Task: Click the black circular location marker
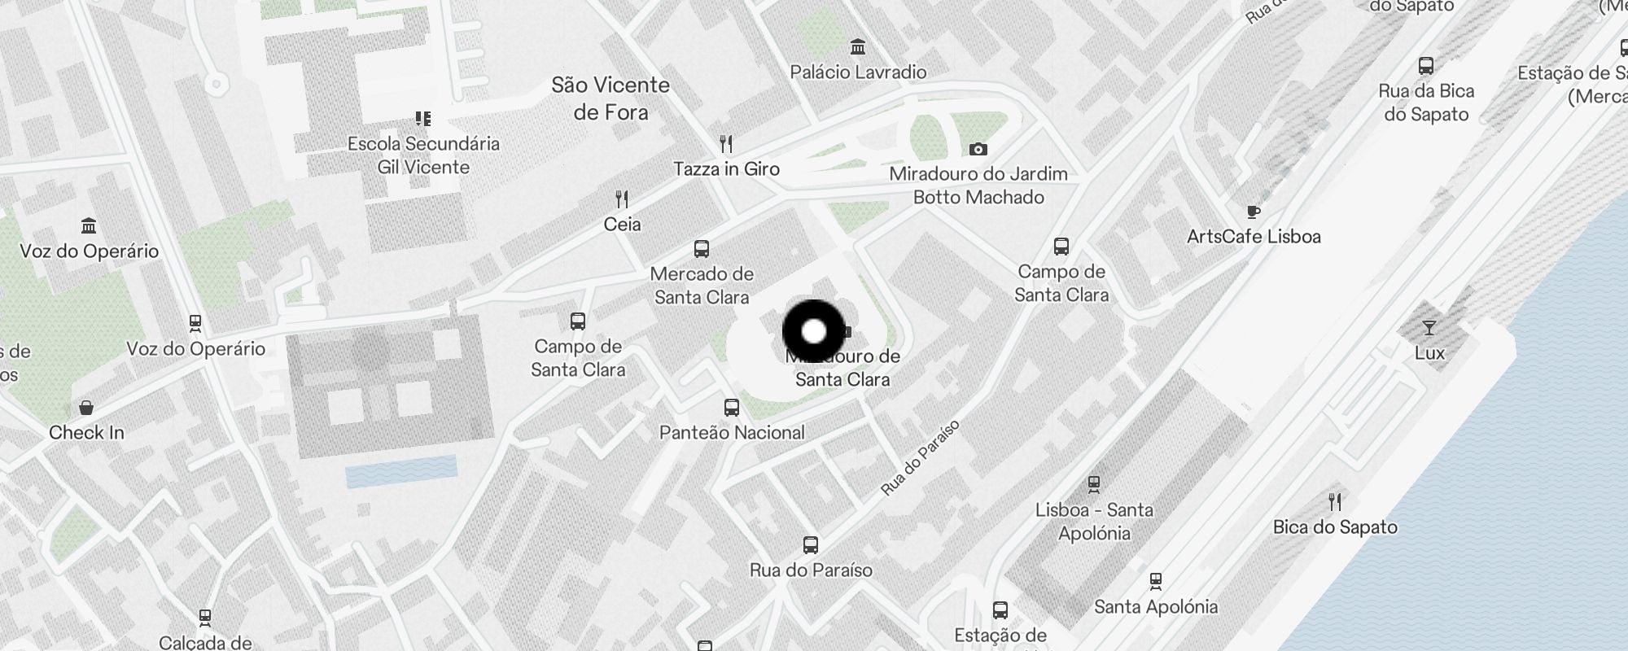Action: [814, 331]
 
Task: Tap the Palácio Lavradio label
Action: [858, 72]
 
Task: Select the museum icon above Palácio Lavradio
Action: [857, 46]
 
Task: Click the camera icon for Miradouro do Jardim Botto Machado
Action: [978, 149]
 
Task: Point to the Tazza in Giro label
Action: [726, 169]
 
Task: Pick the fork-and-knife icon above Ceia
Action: [622, 199]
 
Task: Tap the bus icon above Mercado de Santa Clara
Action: [702, 248]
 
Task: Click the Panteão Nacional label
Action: [732, 433]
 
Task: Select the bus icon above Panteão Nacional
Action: [732, 407]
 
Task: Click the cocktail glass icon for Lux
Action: [1429, 328]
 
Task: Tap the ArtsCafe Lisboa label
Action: [1254, 237]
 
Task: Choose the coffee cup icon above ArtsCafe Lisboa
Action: [1254, 212]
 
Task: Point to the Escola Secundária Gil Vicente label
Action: [423, 155]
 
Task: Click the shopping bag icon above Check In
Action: [86, 407]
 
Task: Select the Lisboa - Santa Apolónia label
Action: [1094, 522]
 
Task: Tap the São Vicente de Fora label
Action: [610, 98]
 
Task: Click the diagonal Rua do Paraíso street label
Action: [921, 457]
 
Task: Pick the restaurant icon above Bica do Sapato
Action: [1334, 500]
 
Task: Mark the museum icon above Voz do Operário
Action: [89, 225]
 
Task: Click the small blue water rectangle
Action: [401, 472]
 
